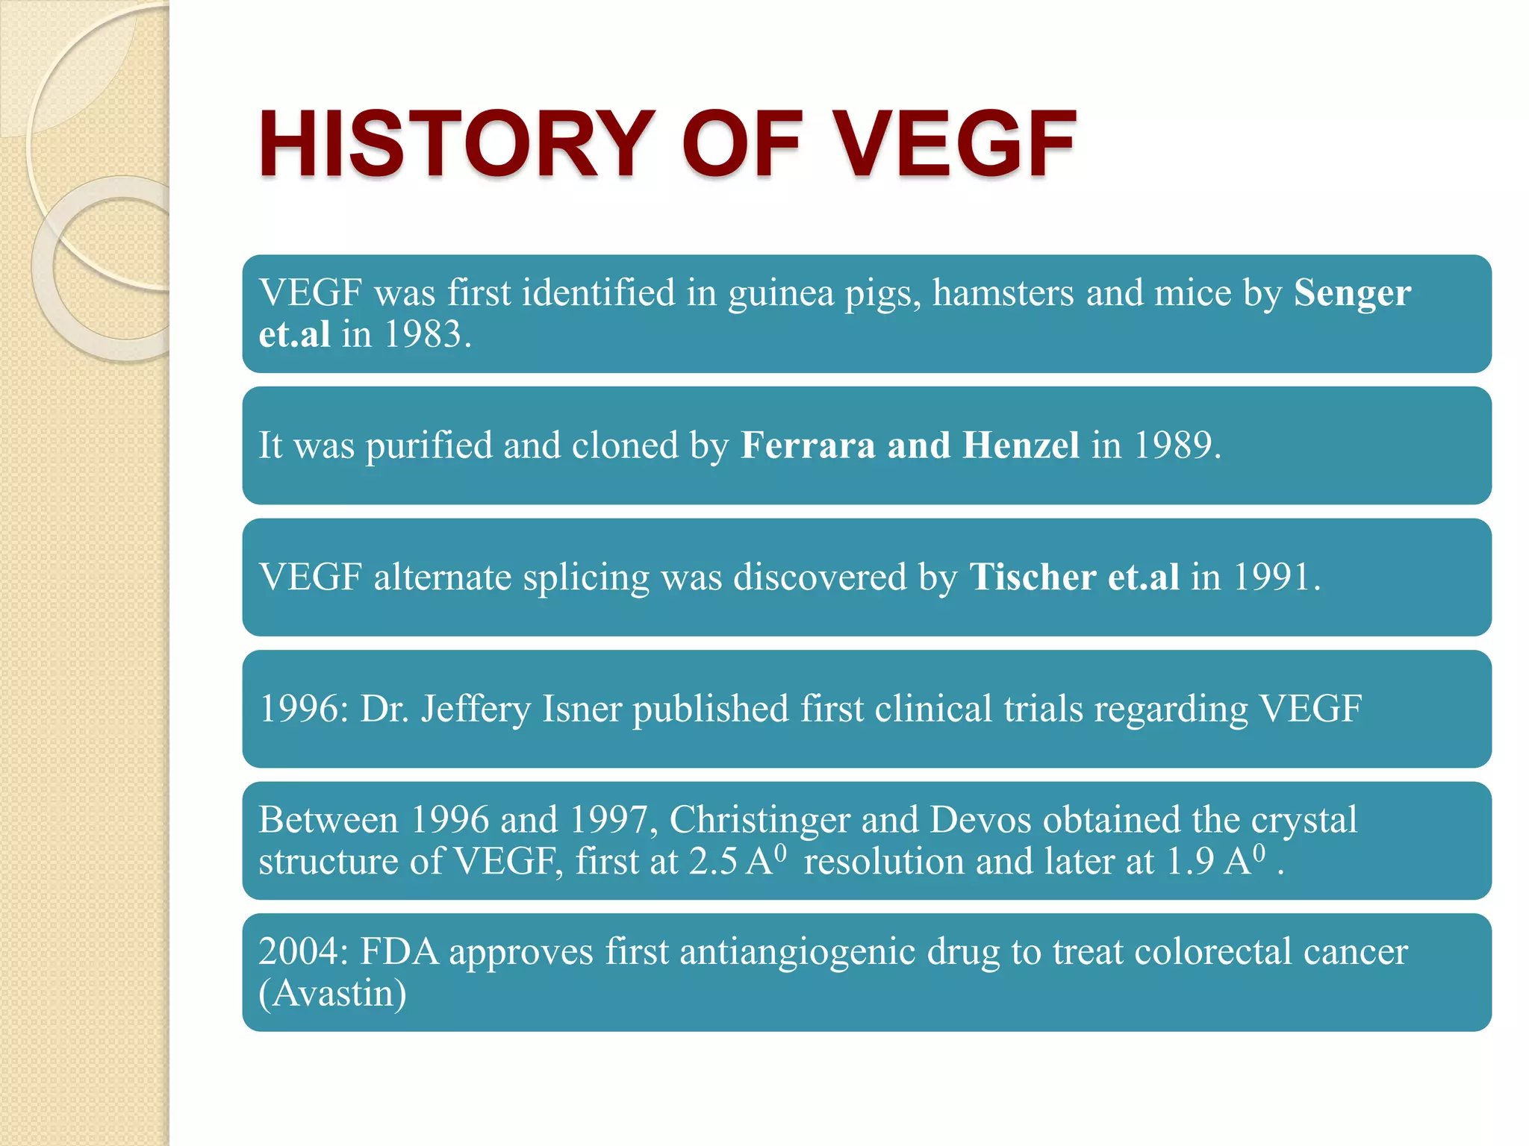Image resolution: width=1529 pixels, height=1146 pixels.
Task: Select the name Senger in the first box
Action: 1352,292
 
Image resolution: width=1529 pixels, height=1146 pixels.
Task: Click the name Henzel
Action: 1021,445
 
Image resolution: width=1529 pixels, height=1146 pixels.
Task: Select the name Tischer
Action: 1033,577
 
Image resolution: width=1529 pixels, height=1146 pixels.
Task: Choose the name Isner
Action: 582,709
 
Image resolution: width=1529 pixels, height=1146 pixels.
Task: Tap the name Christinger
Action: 759,820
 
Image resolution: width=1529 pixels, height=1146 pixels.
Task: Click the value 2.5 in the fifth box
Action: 713,862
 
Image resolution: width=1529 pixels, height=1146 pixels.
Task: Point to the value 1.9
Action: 1190,862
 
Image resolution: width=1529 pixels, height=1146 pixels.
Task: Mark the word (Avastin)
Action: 332,994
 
